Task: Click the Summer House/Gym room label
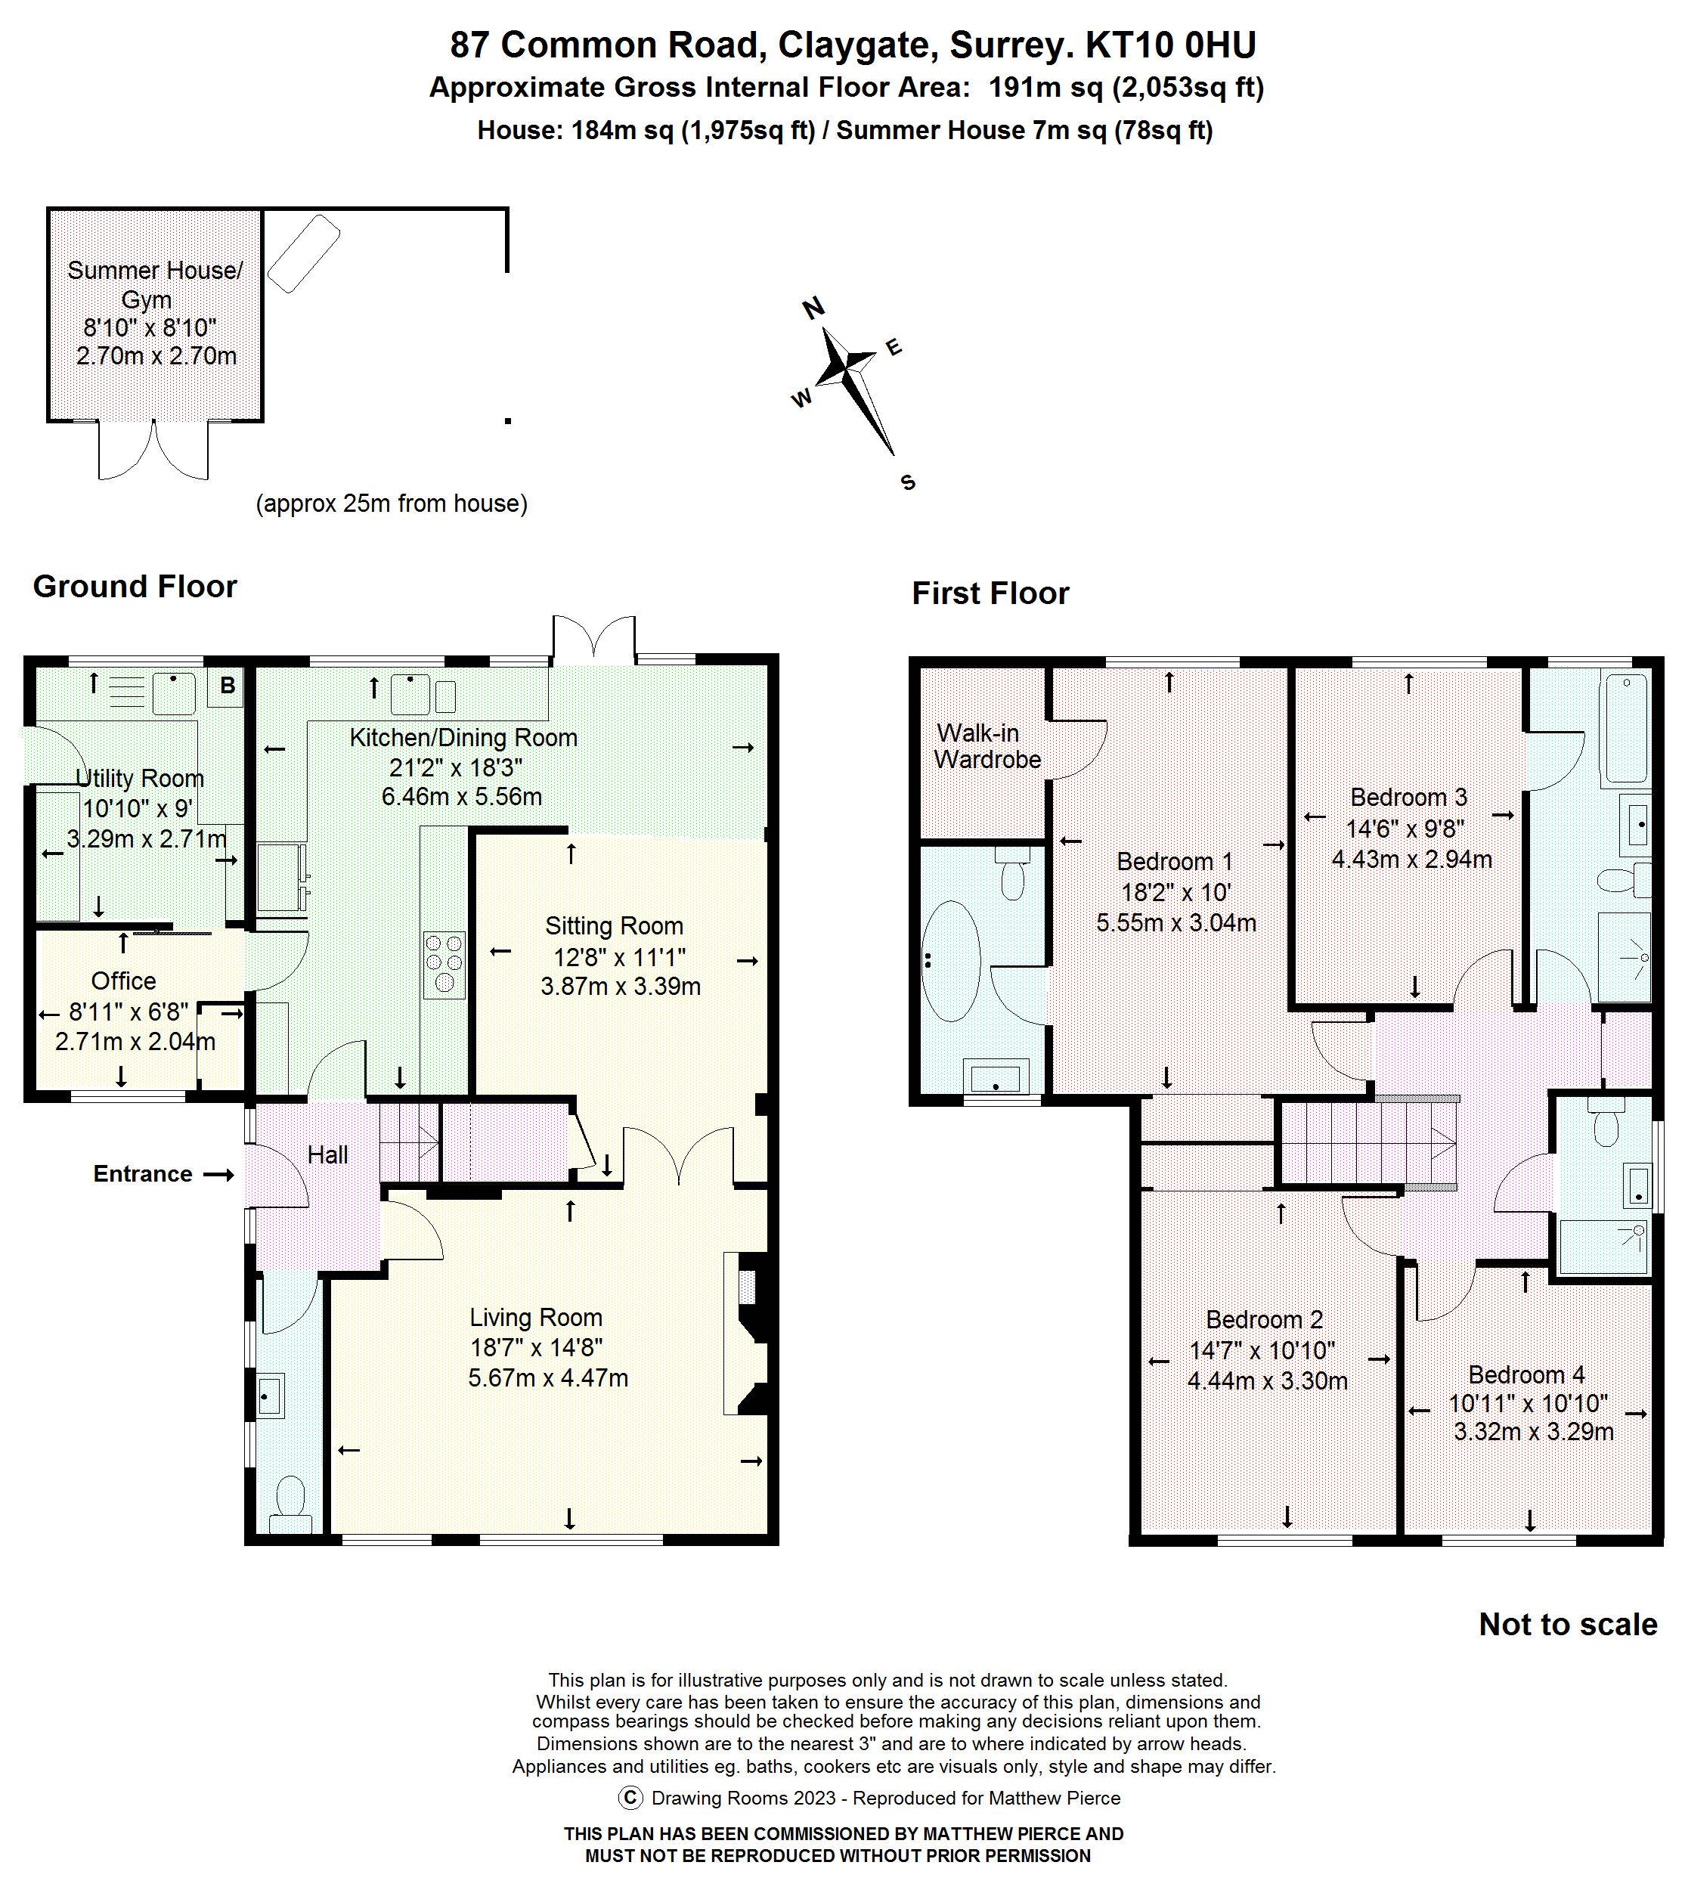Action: click(x=155, y=284)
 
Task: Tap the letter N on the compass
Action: click(x=813, y=308)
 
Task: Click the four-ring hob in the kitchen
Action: click(x=444, y=965)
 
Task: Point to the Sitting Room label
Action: click(x=614, y=926)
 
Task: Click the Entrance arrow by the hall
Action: click(x=218, y=1174)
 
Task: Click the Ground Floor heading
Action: click(x=135, y=586)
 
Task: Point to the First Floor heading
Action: click(x=990, y=593)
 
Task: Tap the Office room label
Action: click(x=123, y=981)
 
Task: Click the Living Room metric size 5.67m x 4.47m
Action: click(x=548, y=1378)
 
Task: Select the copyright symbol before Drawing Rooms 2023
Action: click(x=630, y=1798)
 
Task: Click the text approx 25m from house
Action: click(x=392, y=503)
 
